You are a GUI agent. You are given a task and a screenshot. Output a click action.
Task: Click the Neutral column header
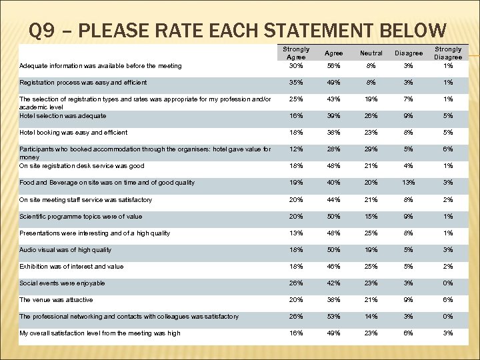tap(371, 53)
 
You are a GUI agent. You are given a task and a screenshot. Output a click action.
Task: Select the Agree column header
tap(333, 53)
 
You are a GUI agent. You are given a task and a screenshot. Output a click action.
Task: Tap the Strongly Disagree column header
tap(448, 53)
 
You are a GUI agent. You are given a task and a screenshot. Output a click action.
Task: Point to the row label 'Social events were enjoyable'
tap(62, 283)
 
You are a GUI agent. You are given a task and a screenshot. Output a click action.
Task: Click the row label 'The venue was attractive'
tap(56, 300)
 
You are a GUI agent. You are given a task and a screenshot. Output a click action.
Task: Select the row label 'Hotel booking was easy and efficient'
tap(73, 133)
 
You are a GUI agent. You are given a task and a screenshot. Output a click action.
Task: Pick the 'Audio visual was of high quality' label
tap(65, 250)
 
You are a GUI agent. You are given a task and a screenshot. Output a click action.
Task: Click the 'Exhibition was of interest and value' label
tap(71, 267)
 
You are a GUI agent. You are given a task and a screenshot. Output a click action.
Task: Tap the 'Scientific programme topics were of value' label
tap(80, 217)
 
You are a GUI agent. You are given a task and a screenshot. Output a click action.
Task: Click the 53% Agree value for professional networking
tap(333, 317)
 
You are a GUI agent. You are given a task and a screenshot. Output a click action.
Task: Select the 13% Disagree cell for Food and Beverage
tap(409, 183)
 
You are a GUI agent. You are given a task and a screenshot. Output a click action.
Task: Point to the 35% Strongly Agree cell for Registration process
tap(295, 83)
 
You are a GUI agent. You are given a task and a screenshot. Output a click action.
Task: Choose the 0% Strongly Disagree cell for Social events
tap(448, 283)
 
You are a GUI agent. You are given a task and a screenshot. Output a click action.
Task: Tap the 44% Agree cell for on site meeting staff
tap(333, 200)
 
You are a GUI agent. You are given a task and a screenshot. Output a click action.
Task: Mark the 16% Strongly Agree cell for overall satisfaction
tap(295, 333)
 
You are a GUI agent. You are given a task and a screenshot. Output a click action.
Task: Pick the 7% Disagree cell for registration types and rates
tap(409, 99)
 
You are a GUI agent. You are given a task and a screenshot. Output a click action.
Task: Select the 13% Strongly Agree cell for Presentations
tap(295, 233)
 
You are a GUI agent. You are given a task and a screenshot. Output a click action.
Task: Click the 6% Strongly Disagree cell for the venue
tap(448, 300)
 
